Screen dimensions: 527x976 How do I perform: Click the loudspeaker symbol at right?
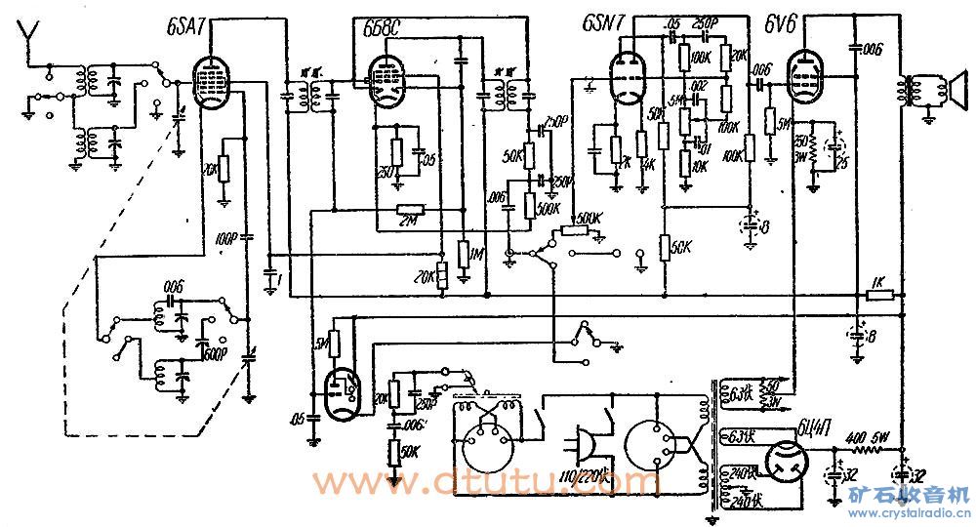[942, 90]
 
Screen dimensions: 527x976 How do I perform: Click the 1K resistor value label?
[876, 283]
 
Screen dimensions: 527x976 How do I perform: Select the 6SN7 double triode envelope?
[625, 78]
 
